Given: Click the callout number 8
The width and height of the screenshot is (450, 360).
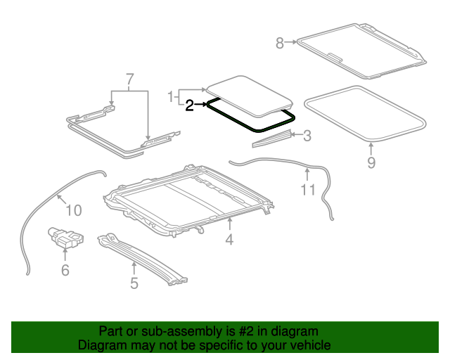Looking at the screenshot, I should [x=280, y=44].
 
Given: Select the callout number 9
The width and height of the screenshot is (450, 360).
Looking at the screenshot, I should [x=371, y=163].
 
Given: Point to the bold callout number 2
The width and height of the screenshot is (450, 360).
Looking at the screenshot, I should [x=189, y=105].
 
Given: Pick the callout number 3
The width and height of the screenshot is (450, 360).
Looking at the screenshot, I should [x=307, y=135].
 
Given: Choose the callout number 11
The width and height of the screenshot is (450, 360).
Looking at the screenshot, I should [x=309, y=189].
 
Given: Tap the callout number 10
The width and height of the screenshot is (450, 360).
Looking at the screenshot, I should [x=74, y=209].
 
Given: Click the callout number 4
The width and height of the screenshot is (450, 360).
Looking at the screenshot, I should [x=229, y=240].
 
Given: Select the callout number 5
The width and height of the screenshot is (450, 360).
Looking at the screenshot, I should [x=134, y=283].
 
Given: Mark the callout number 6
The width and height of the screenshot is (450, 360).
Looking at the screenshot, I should [x=65, y=269].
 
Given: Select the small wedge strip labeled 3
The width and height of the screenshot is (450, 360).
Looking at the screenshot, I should [x=271, y=141].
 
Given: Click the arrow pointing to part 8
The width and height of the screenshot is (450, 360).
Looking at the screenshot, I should [x=291, y=44].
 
